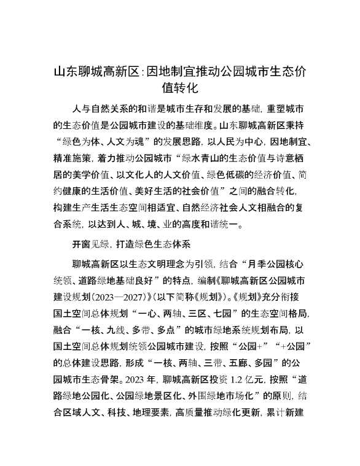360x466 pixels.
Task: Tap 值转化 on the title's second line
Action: click(179, 88)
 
